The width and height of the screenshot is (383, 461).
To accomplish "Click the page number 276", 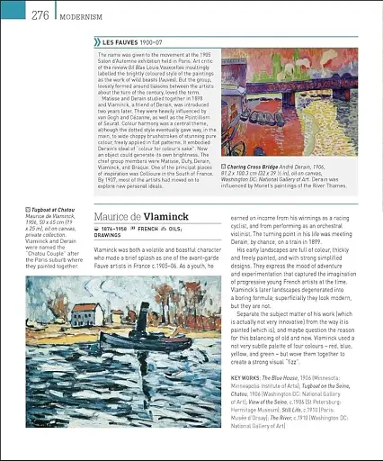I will [40, 15].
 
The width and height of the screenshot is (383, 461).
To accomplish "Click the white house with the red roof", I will [86, 315].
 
